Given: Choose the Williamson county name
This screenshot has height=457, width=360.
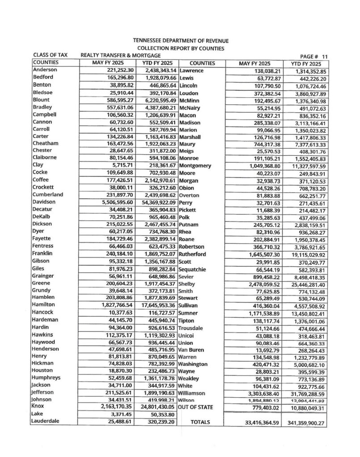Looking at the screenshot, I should pyautogui.click(x=192, y=393).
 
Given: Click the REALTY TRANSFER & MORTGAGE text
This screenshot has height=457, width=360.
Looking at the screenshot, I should pyautogui.click(x=114, y=55).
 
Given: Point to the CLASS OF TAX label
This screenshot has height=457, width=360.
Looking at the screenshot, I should pyautogui.click(x=50, y=55).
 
